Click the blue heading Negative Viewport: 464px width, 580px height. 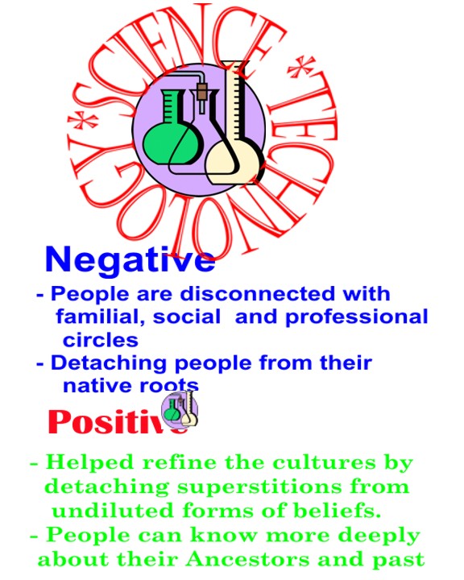[130, 259]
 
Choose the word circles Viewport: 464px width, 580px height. [101, 340]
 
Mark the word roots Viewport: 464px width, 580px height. [169, 385]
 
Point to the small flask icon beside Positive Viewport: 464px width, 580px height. [180, 409]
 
